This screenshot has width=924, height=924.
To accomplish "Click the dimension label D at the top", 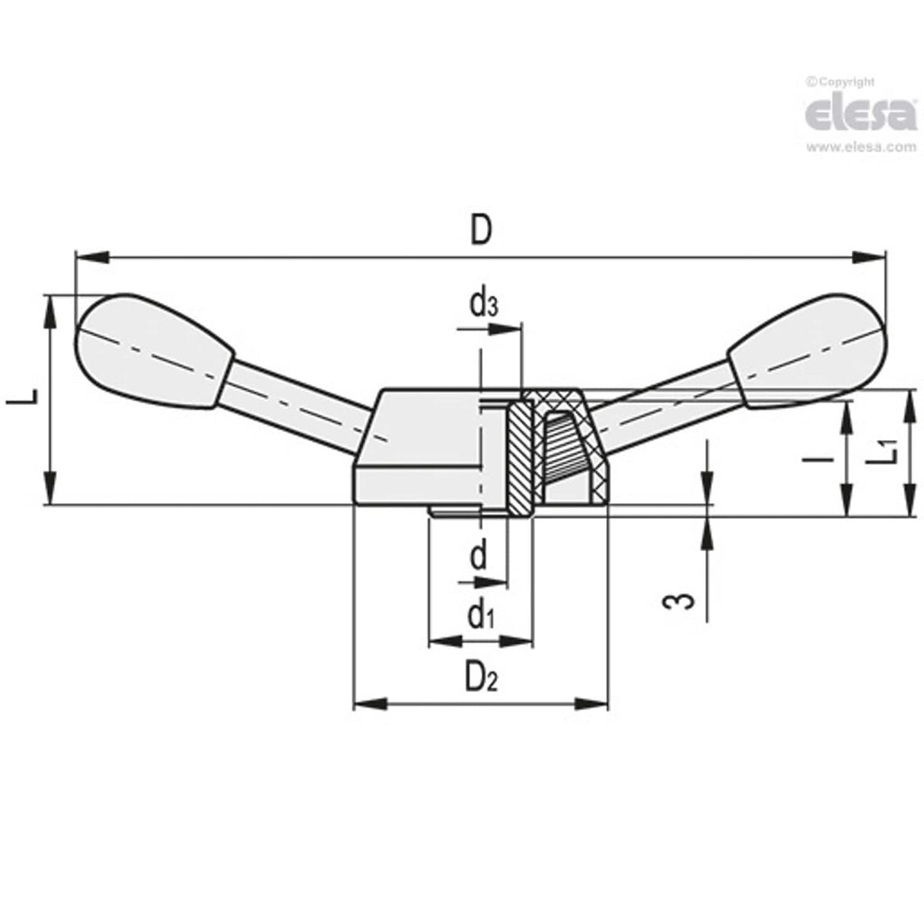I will point(480,230).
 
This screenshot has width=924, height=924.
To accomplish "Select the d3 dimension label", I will point(484,304).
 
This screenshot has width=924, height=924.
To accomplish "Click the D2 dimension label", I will point(481,675).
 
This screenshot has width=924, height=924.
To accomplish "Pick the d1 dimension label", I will point(481,613).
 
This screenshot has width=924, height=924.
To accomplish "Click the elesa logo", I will point(861,113).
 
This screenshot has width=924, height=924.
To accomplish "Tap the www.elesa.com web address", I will point(861,148).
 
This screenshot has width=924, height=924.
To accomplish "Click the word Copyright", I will point(845,82).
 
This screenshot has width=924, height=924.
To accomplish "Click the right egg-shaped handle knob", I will point(807,350).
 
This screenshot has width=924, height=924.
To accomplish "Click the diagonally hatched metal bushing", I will point(520,457).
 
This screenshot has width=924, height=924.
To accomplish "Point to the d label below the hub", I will point(479,556).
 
